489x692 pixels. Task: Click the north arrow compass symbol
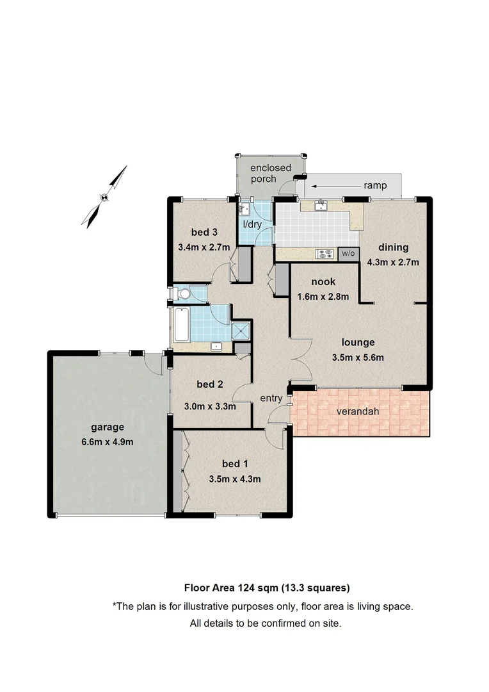tap(105, 197)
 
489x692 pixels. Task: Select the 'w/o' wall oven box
tap(348, 254)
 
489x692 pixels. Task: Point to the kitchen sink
tap(323, 205)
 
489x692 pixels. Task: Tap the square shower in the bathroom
tap(240, 330)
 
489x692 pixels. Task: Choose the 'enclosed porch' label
tap(270, 173)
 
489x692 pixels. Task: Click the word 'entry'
tap(271, 398)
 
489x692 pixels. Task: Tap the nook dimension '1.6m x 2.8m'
tap(323, 296)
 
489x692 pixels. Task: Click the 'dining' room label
tap(392, 248)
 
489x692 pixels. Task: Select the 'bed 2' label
tap(210, 384)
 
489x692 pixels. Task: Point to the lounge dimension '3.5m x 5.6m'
tap(358, 358)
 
